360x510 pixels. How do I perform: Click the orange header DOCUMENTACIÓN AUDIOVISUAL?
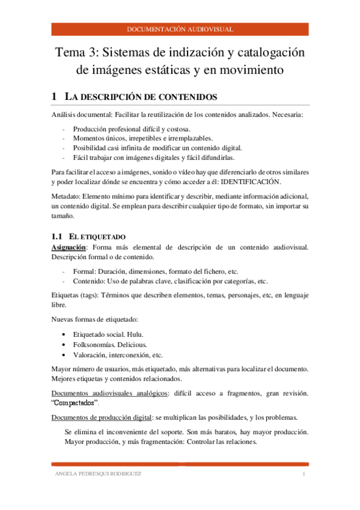coord(180,29)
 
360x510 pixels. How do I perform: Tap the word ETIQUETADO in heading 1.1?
coord(99,238)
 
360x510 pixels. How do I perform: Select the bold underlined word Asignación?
coord(69,247)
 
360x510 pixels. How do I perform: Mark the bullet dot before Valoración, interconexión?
coord(64,355)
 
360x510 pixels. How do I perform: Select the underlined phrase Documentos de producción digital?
coord(102,417)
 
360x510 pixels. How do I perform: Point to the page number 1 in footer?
coord(305,475)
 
